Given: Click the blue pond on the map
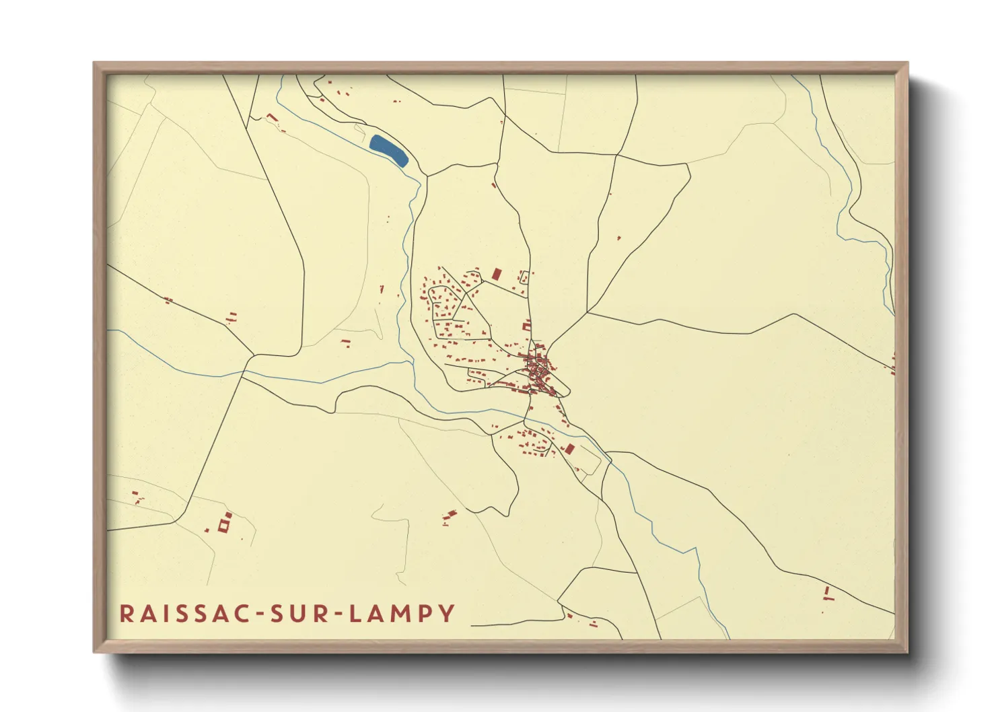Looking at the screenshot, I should [x=389, y=150].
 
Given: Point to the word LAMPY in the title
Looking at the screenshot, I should [x=403, y=613].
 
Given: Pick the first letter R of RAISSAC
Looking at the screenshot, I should [x=126, y=613].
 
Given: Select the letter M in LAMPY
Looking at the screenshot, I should [x=400, y=613].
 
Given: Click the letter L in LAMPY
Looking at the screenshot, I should [x=357, y=613].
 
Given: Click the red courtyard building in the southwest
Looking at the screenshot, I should [x=225, y=524].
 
